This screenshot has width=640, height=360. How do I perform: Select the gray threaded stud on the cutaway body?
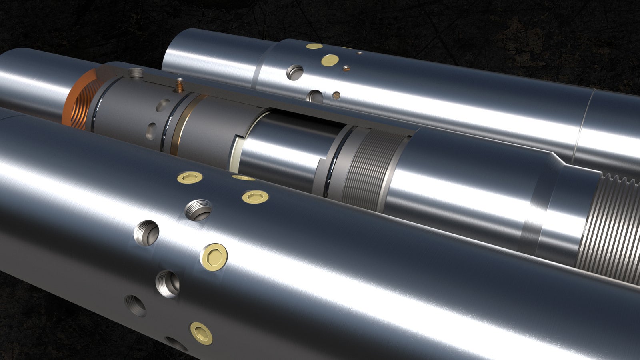pyautogui.click(x=136, y=73)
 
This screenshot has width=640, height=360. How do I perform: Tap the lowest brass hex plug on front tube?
pyautogui.click(x=200, y=332)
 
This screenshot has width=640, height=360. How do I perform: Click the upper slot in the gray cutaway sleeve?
pyautogui.click(x=163, y=105)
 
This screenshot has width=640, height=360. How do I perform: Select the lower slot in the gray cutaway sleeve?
pyautogui.click(x=152, y=130)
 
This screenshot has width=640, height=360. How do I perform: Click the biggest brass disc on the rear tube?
pyautogui.click(x=330, y=60)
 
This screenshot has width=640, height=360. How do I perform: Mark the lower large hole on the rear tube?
pyautogui.click(x=315, y=96)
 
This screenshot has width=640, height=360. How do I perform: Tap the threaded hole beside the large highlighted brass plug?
pyautogui.click(x=168, y=283)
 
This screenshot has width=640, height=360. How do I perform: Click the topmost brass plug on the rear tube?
pyautogui.click(x=314, y=46)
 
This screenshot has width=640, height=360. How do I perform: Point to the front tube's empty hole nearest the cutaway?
pyautogui.click(x=198, y=210)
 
